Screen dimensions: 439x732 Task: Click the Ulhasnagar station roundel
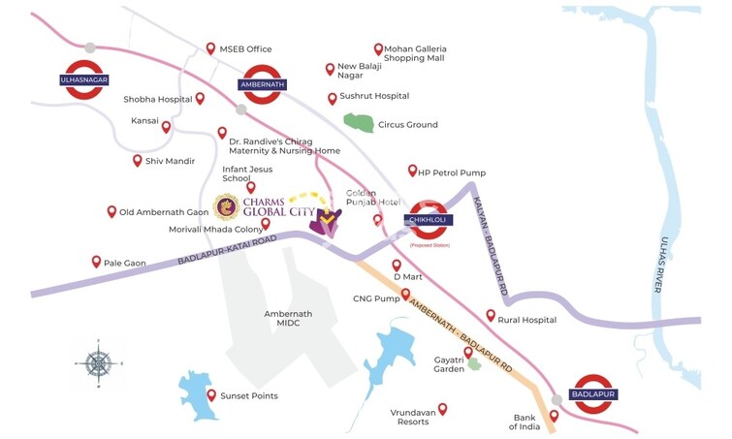[84, 79]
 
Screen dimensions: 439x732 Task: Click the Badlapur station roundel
[591, 394]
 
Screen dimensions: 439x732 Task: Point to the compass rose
[98, 363]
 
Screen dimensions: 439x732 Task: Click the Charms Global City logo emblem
[226, 206]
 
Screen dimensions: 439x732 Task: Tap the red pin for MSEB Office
[211, 48]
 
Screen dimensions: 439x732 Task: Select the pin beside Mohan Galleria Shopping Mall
[378, 48]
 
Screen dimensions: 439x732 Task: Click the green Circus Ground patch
[359, 123]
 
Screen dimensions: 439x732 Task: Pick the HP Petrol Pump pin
[412, 170]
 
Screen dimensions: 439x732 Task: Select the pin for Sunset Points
[211, 394]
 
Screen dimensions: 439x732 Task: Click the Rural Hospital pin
[491, 315]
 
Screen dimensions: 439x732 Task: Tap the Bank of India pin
[554, 415]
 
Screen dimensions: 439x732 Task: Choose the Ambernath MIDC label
[288, 320]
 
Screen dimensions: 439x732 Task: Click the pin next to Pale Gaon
[96, 261]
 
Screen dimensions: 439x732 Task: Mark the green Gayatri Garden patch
[473, 366]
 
